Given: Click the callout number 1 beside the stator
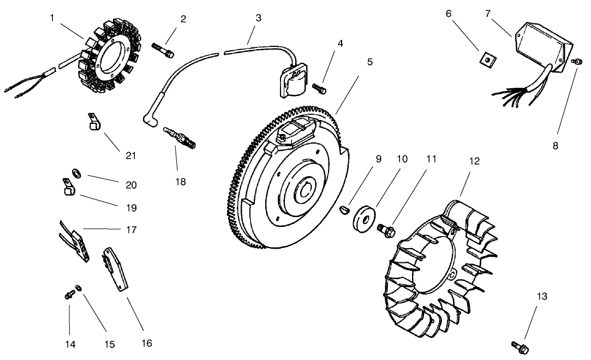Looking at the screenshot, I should click(52, 18).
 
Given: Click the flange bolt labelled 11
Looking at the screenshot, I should click(386, 230).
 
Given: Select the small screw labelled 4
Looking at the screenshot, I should click(320, 87).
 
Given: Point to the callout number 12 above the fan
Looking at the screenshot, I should click(474, 162).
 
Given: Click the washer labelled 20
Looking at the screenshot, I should click(77, 173).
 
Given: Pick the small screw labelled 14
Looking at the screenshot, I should click(69, 295).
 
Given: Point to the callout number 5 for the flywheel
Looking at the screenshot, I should click(370, 62).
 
